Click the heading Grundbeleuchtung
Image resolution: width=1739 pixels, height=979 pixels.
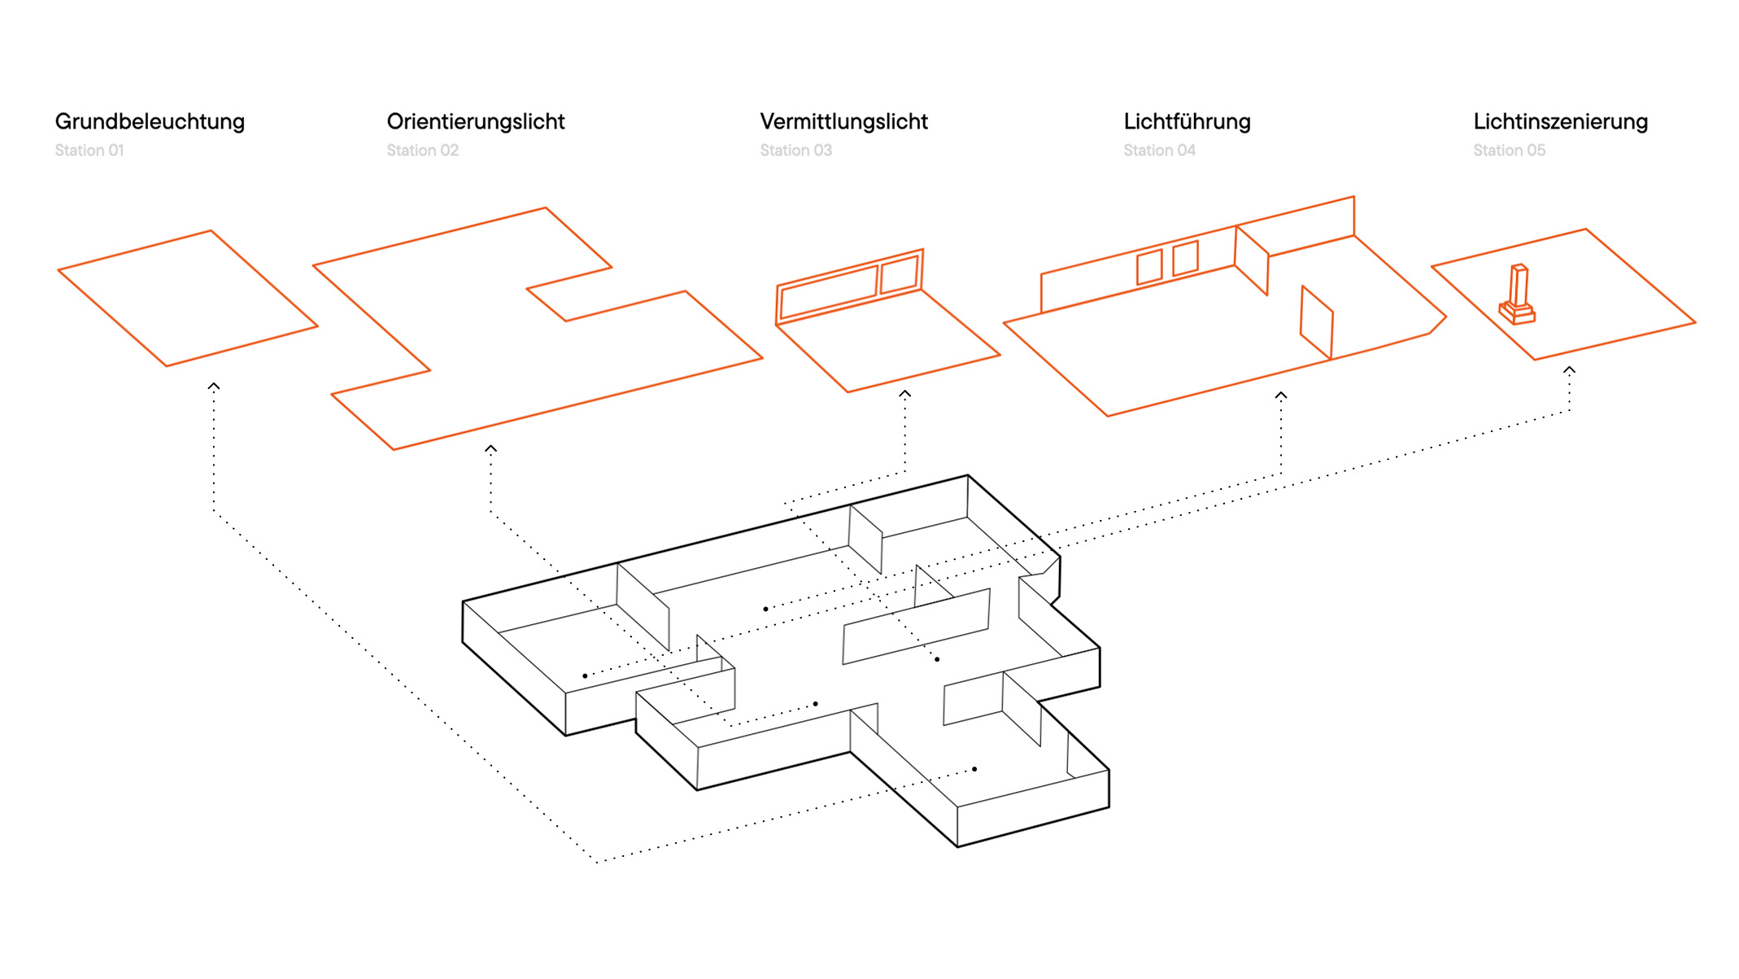pos(150,122)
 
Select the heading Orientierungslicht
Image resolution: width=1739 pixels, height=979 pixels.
pos(475,122)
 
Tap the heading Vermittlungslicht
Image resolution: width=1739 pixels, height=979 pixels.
pos(843,122)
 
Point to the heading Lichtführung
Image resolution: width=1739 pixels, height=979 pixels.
pos(1187,122)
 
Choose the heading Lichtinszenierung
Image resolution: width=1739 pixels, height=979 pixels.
pos(1560,122)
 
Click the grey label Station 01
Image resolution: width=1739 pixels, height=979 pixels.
pos(89,151)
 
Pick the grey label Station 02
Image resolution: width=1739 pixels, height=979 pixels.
pos(422,151)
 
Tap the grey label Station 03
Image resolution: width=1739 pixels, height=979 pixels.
pos(795,151)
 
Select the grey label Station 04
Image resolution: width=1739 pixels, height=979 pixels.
pos(1159,151)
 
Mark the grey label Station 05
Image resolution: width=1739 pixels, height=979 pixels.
pos(1509,151)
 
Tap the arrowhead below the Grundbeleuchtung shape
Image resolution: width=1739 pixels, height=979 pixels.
pos(213,387)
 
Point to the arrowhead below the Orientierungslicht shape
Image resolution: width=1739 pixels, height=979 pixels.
pos(490,448)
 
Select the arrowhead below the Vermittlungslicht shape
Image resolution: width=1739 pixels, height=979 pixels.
pos(904,394)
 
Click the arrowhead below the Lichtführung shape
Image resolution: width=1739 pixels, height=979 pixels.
pos(1280,396)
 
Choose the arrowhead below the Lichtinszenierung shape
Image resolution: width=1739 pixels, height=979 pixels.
pos(1569,370)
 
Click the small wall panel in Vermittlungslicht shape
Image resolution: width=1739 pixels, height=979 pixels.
pos(900,274)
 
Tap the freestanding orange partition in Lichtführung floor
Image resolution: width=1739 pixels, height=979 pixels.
pos(1316,322)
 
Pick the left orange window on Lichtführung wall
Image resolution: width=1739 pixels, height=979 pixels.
pos(1148,267)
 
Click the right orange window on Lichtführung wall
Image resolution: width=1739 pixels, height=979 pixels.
pos(1185,258)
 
